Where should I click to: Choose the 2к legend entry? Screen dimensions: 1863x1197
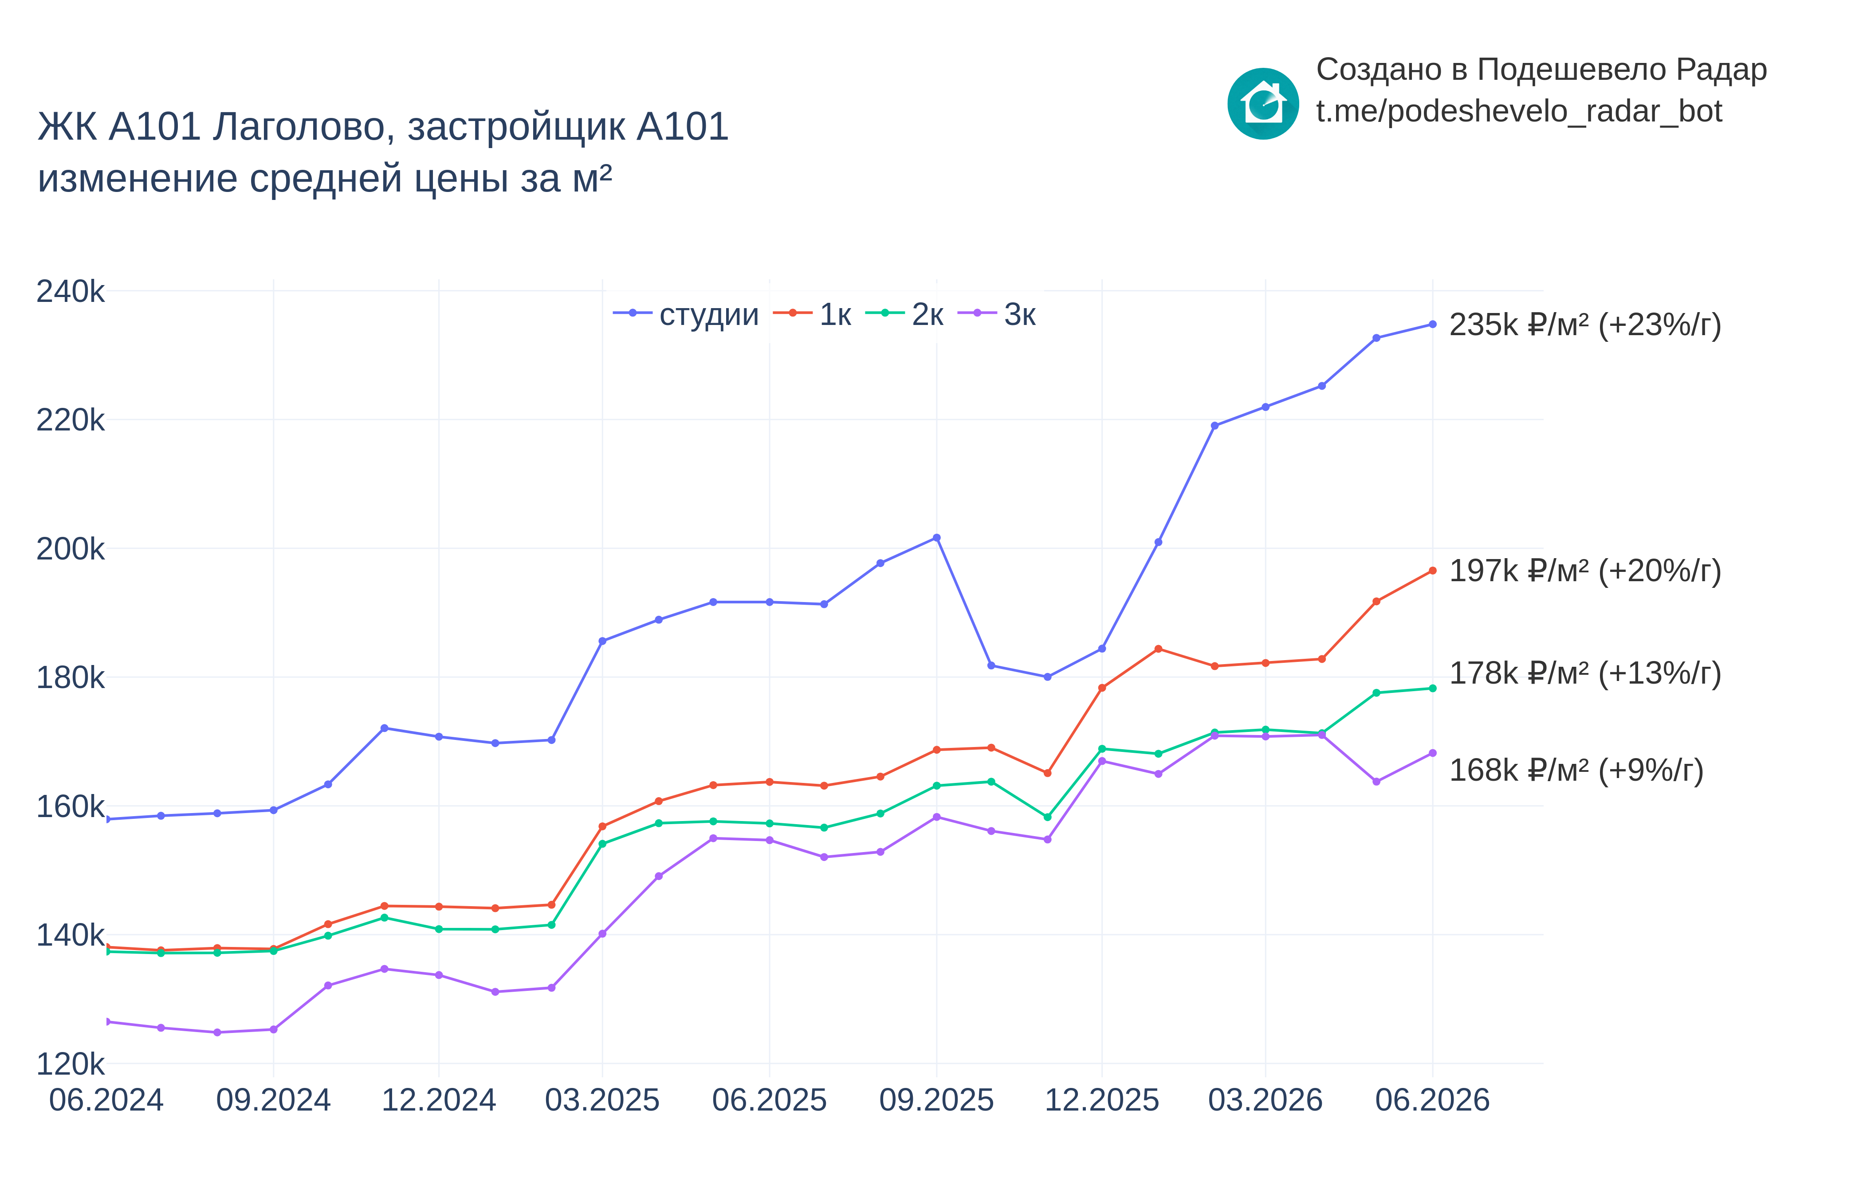[904, 314]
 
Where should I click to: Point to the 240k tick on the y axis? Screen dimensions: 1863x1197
[70, 291]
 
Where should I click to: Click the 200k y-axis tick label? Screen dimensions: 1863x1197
[70, 549]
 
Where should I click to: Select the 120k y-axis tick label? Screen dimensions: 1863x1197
[70, 1064]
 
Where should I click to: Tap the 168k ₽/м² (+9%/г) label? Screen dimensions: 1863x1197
[1576, 770]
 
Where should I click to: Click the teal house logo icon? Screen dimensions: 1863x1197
[1263, 103]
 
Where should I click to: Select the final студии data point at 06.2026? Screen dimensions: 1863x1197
[1432, 324]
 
